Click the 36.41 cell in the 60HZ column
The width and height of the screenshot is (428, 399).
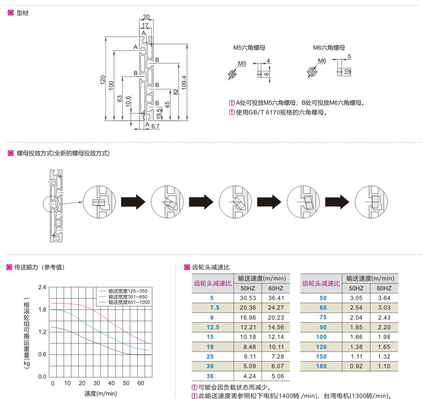(276, 298)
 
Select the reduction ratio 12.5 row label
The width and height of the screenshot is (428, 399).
(213, 327)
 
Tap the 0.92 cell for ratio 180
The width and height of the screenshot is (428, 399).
(356, 366)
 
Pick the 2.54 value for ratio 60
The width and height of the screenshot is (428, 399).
(356, 307)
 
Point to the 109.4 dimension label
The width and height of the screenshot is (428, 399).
(184, 82)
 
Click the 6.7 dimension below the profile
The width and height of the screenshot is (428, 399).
(156, 126)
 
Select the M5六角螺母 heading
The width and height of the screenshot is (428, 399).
(249, 48)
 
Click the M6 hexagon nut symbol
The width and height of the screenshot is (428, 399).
(312, 72)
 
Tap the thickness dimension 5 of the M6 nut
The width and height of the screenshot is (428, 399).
(349, 57)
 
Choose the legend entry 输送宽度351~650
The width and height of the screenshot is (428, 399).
(128, 297)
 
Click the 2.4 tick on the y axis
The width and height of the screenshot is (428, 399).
(42, 287)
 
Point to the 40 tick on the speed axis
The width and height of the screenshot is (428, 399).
(111, 383)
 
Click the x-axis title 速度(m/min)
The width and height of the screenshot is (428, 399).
(101, 393)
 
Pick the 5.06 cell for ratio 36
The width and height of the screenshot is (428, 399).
(276, 376)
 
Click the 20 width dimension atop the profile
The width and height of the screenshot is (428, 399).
(146, 17)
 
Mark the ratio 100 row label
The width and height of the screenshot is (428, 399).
(321, 337)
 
